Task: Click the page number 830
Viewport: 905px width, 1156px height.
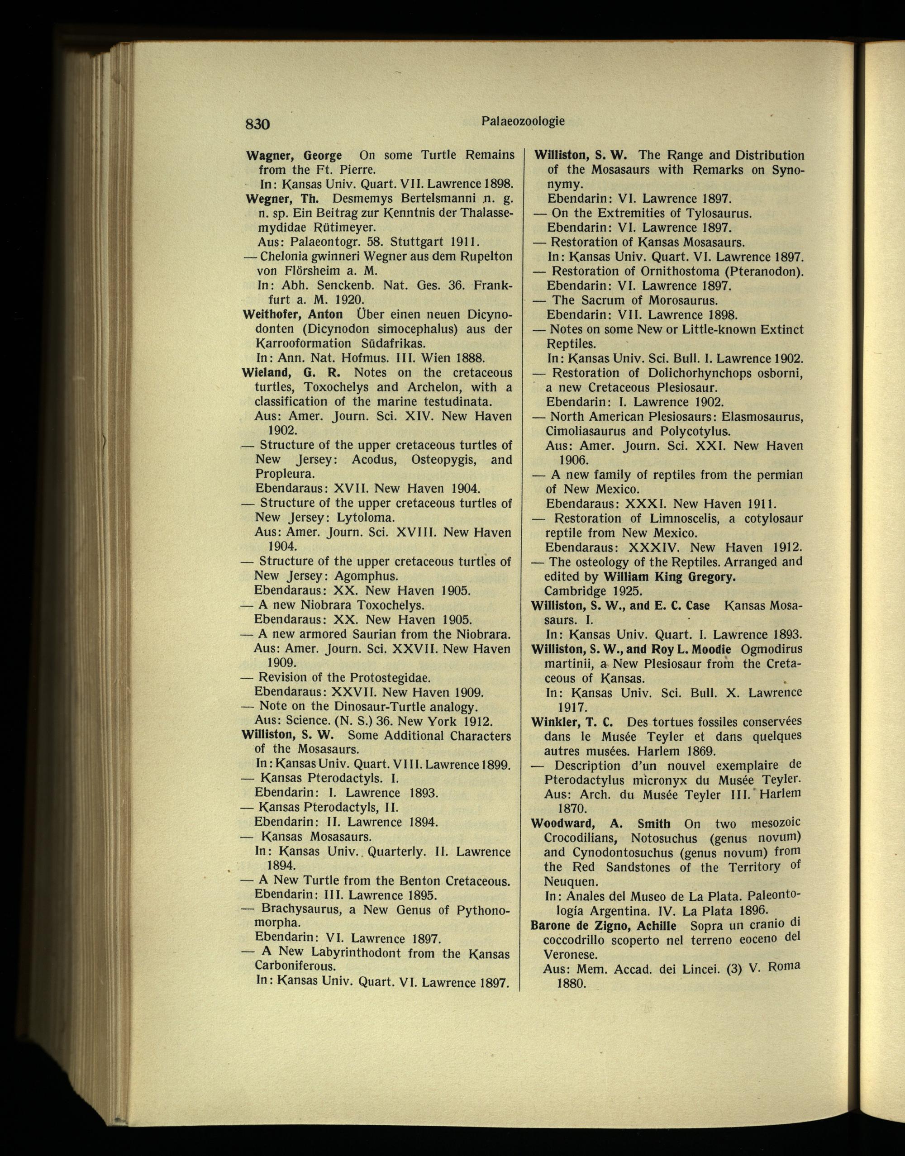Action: coord(257,124)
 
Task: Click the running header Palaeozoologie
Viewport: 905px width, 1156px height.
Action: coord(523,121)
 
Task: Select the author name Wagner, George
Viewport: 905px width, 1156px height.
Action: coord(294,156)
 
